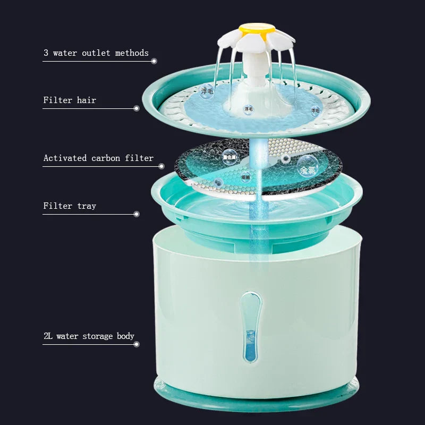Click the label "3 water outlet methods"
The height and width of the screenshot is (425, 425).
(x=96, y=53)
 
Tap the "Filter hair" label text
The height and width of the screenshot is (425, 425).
(x=70, y=100)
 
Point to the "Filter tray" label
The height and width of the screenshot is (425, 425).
(x=70, y=206)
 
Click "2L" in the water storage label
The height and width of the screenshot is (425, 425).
(x=48, y=336)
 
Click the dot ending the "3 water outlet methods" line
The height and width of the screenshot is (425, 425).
(x=154, y=61)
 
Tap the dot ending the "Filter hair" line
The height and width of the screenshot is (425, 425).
(x=137, y=108)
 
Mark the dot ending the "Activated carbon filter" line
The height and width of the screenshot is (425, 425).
(x=161, y=166)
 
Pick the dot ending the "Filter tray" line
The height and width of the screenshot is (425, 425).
(x=137, y=214)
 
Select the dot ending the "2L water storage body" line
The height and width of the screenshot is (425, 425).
(x=137, y=344)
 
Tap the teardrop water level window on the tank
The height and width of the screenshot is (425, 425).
(x=250, y=327)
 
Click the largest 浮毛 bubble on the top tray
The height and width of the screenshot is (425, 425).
(x=207, y=91)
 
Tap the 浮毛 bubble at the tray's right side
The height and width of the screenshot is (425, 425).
(x=315, y=110)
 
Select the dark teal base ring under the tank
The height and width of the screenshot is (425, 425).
(x=256, y=396)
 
